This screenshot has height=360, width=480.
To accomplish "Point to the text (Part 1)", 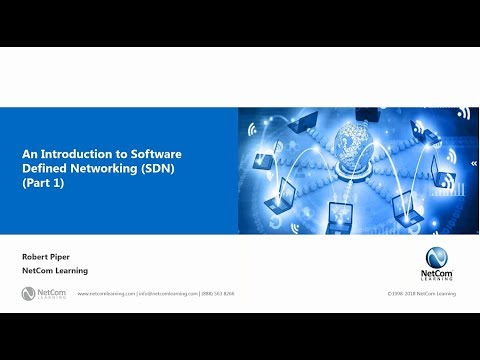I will coord(41,183).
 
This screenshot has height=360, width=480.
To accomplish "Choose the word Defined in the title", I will coord(43,169).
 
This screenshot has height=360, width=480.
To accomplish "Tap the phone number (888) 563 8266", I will coord(218,295).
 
